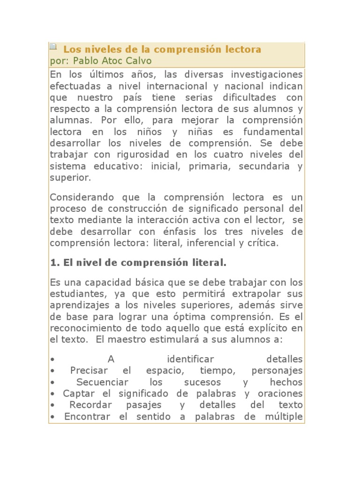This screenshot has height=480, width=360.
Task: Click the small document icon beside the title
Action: (x=53, y=46)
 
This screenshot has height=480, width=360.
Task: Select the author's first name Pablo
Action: (x=86, y=61)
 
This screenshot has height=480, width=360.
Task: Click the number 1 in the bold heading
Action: (x=53, y=263)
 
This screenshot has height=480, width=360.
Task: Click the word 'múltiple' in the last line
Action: (x=282, y=416)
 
